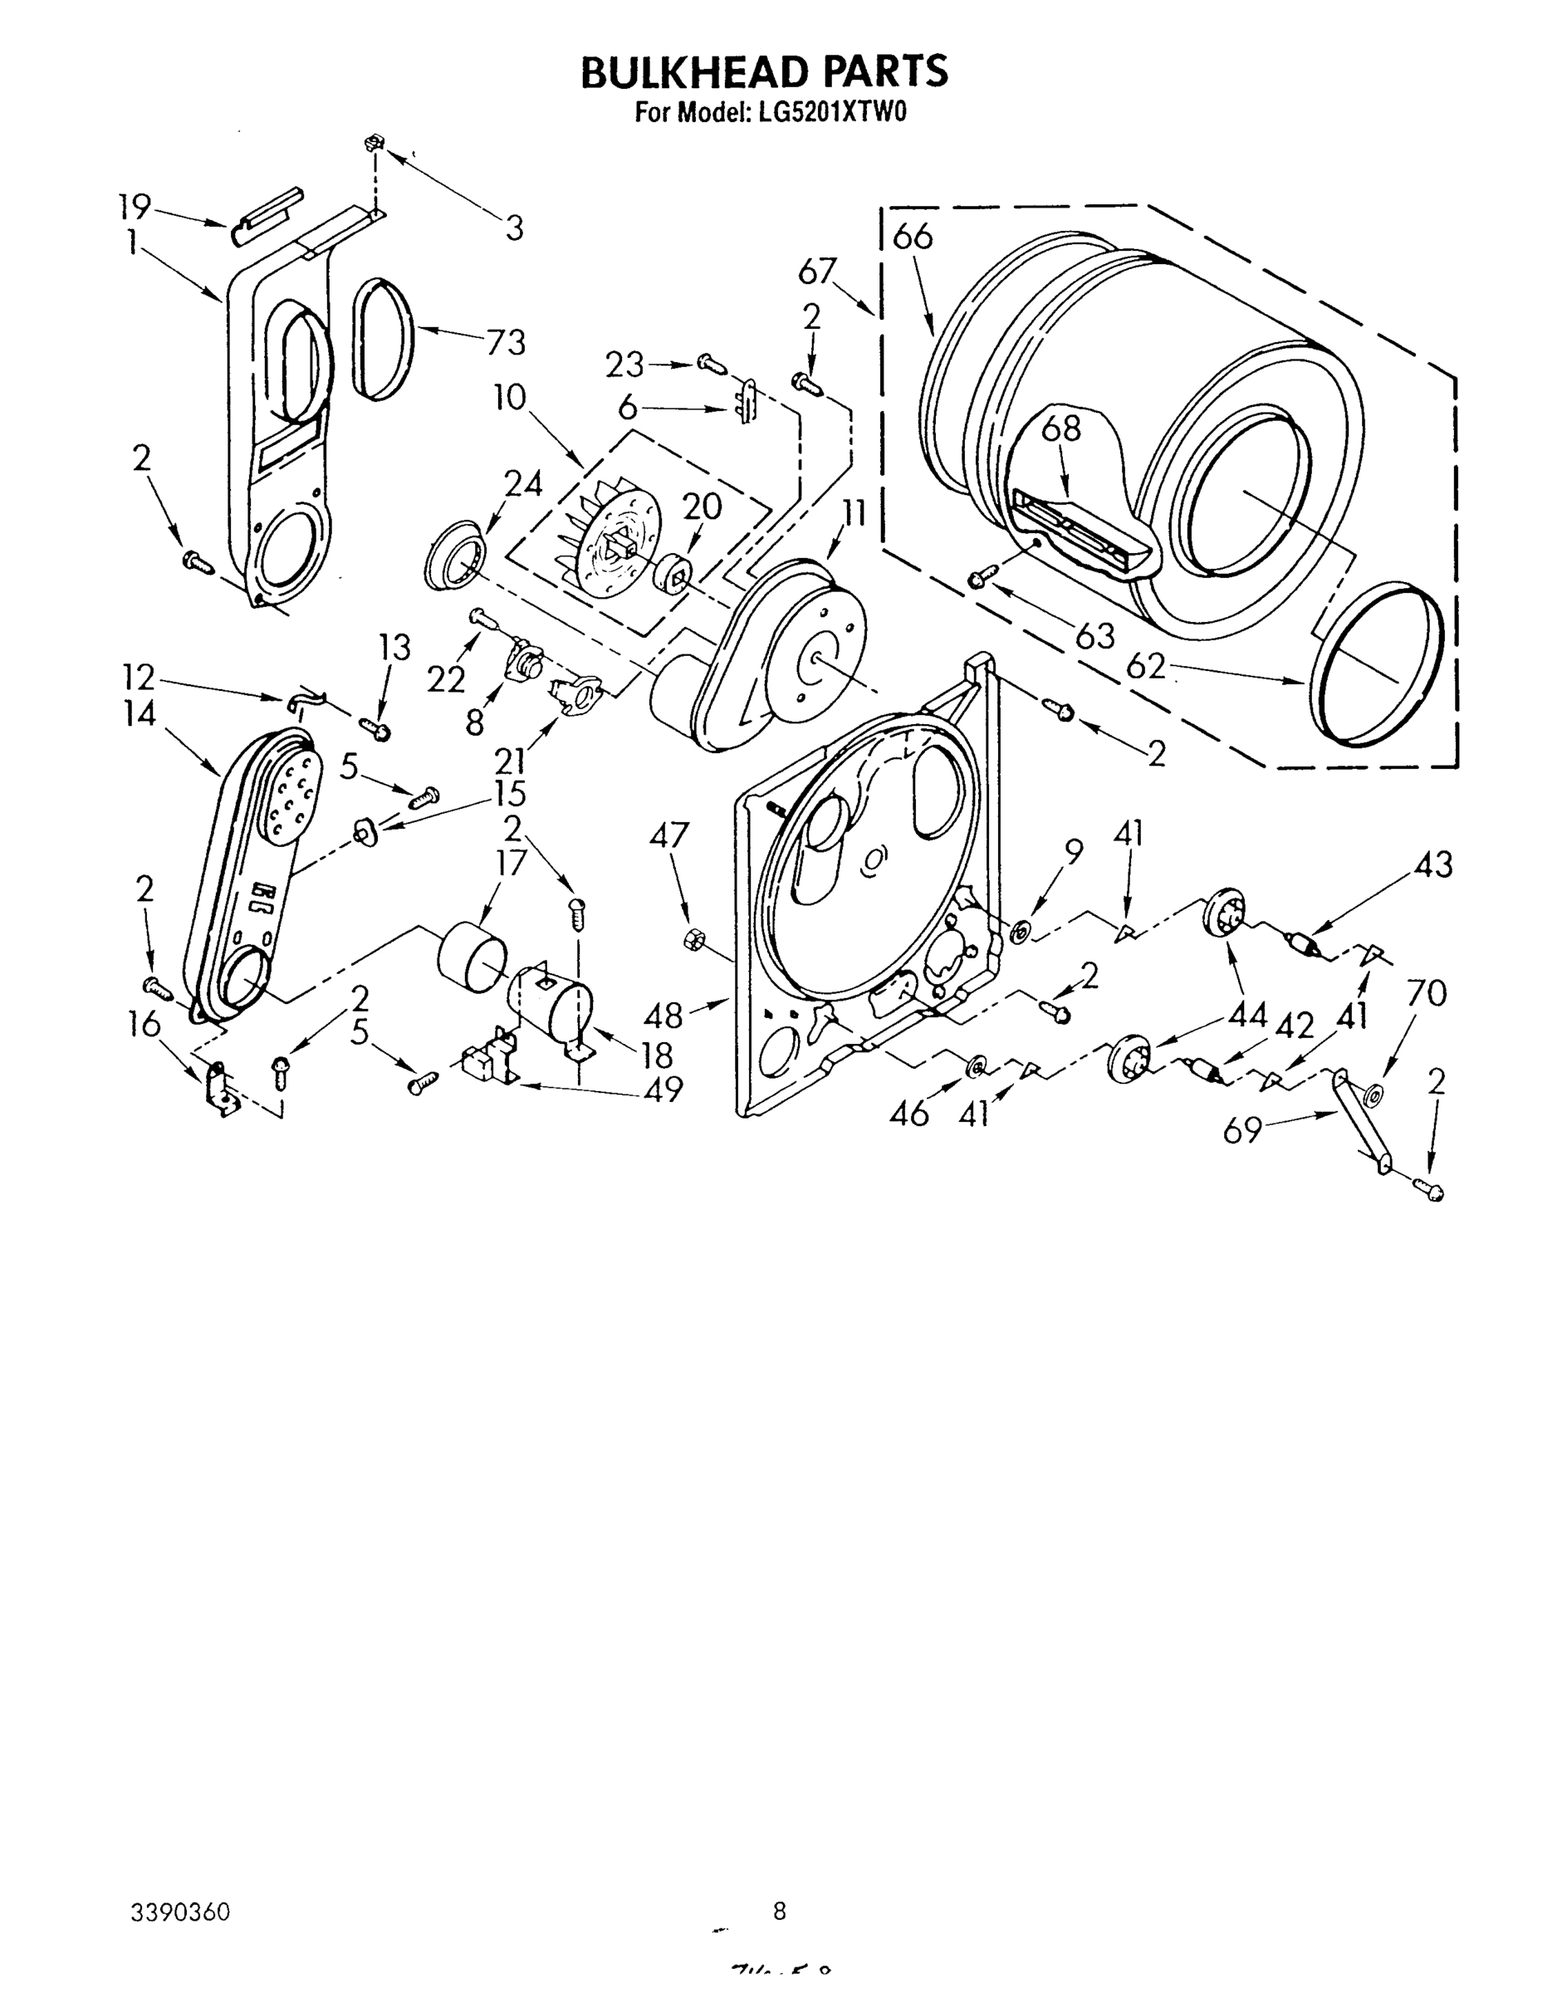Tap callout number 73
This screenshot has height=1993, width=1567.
pos(506,342)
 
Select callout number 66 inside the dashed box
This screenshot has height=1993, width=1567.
pos(912,237)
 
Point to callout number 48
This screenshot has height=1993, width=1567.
pos(664,1015)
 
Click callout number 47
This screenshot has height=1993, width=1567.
pos(668,836)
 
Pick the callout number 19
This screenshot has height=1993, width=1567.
pos(134,207)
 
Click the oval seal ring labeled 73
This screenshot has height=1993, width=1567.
pos(382,340)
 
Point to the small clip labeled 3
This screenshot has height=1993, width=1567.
pos(374,143)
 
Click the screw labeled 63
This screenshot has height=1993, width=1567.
pos(979,578)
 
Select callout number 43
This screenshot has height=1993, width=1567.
pos(1432,865)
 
